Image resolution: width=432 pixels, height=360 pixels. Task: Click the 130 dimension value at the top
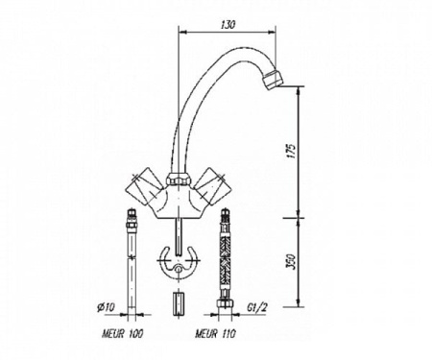228,25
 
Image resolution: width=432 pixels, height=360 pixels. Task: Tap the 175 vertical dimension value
291,152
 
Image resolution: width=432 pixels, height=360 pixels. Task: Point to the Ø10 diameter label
106,308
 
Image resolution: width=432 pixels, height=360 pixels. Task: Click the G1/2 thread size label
257,307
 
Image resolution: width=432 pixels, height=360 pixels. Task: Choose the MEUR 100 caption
123,334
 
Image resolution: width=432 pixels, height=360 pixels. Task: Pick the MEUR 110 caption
216,334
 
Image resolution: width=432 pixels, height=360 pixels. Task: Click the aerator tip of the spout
272,78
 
